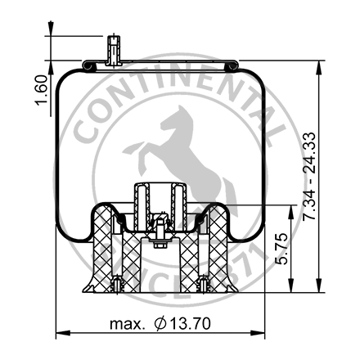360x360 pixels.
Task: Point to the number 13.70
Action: (x=191, y=324)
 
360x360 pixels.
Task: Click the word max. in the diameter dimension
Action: (x=128, y=324)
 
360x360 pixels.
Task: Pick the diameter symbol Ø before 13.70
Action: (x=160, y=324)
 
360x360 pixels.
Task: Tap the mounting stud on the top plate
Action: (x=112, y=51)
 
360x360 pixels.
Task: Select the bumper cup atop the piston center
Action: (x=159, y=200)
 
